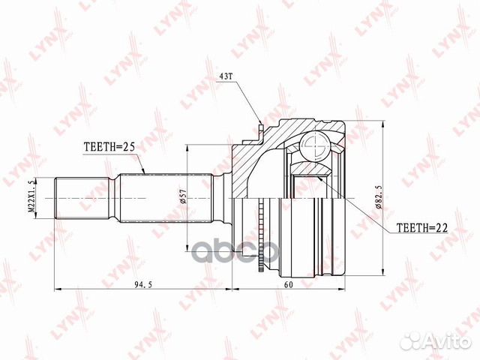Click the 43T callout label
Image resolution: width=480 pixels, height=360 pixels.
pyautogui.click(x=226, y=76)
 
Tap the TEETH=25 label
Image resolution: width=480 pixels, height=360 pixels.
pyautogui.click(x=109, y=147)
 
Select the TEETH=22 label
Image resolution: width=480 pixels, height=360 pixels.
pyautogui.click(x=421, y=227)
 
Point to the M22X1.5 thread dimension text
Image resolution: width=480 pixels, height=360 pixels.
pyautogui.click(x=31, y=198)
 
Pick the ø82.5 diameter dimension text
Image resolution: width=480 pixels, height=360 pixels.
pyautogui.click(x=379, y=197)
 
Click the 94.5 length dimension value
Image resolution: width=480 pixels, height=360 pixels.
pyautogui.click(x=143, y=285)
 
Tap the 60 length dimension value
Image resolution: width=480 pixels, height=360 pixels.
pyautogui.click(x=288, y=285)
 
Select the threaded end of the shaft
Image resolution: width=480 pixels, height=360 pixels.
pyautogui.click(x=82, y=198)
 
